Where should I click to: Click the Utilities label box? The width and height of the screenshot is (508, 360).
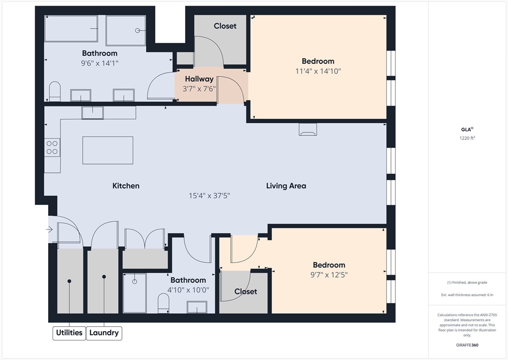pos(69,333)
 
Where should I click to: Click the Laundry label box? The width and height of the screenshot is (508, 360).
pos(104,333)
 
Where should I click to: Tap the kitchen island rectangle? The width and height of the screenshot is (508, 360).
pos(108,150)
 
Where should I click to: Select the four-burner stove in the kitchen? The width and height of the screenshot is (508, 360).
pos(53,147)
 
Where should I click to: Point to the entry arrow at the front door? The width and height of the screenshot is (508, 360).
pos(49,229)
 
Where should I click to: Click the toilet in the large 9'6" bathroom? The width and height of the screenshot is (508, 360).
pos(55,91)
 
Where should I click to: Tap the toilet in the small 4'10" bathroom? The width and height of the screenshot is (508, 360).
pos(163,303)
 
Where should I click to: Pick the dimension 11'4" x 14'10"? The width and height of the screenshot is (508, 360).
pos(318,71)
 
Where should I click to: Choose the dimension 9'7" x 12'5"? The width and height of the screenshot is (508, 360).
pos(328,275)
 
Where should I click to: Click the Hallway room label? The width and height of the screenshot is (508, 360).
pos(199,79)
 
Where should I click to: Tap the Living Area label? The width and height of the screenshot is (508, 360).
pos(286,186)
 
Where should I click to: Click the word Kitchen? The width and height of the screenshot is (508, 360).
pos(126,186)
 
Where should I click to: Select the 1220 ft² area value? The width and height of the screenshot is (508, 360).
pos(467,139)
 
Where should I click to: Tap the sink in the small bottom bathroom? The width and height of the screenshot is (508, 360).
pos(197,307)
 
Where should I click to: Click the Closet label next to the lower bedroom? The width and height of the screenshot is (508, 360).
pos(246,291)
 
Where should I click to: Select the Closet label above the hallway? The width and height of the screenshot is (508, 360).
pos(225,26)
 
